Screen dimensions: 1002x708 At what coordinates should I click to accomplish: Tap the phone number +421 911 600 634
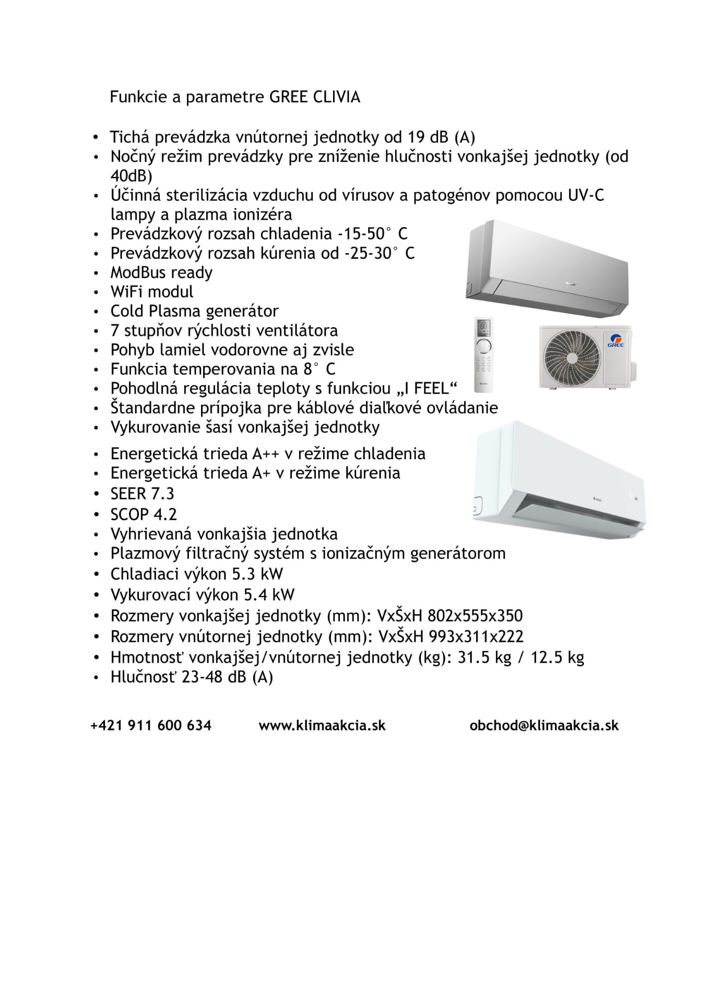pos(151,725)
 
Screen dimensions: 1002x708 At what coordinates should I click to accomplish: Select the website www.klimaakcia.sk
pos(322,725)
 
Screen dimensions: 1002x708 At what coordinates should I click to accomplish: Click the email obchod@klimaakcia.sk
pos(544,725)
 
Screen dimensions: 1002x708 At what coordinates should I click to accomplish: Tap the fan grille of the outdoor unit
pos(571,356)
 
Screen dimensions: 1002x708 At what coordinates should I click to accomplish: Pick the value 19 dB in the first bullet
pos(423,137)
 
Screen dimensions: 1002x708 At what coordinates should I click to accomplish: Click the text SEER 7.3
pos(142,494)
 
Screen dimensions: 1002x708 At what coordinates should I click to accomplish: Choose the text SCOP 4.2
pos(144,515)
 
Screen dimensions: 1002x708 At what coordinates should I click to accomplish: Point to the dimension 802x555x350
pos(475,616)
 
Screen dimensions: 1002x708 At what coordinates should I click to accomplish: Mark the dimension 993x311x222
pos(476,637)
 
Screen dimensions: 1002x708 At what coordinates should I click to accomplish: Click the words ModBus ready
pos(161,272)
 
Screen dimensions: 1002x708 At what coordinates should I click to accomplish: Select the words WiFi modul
pos(151,292)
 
